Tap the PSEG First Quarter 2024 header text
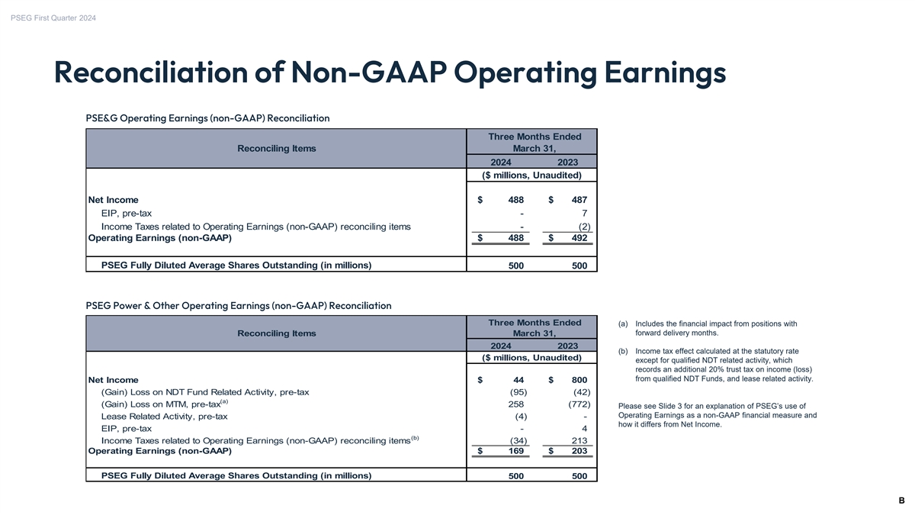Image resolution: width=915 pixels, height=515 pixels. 53,18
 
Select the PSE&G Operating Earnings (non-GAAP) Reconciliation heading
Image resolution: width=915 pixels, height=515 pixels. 207,118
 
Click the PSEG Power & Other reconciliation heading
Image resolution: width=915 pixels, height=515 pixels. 239,306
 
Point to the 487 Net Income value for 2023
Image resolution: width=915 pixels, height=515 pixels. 580,200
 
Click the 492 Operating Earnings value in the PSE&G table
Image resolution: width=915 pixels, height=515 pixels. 580,238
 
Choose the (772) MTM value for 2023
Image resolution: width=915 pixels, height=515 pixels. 577,404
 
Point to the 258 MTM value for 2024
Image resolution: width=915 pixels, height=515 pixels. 515,404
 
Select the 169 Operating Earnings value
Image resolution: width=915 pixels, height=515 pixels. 515,451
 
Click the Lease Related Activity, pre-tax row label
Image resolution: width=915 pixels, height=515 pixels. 164,417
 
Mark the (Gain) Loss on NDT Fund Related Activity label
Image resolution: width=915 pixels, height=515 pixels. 205,392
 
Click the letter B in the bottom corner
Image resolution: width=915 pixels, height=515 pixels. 901,501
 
